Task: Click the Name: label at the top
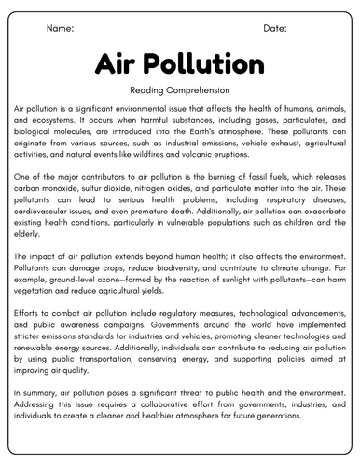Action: pyautogui.click(x=59, y=29)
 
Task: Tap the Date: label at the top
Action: pyautogui.click(x=275, y=29)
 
